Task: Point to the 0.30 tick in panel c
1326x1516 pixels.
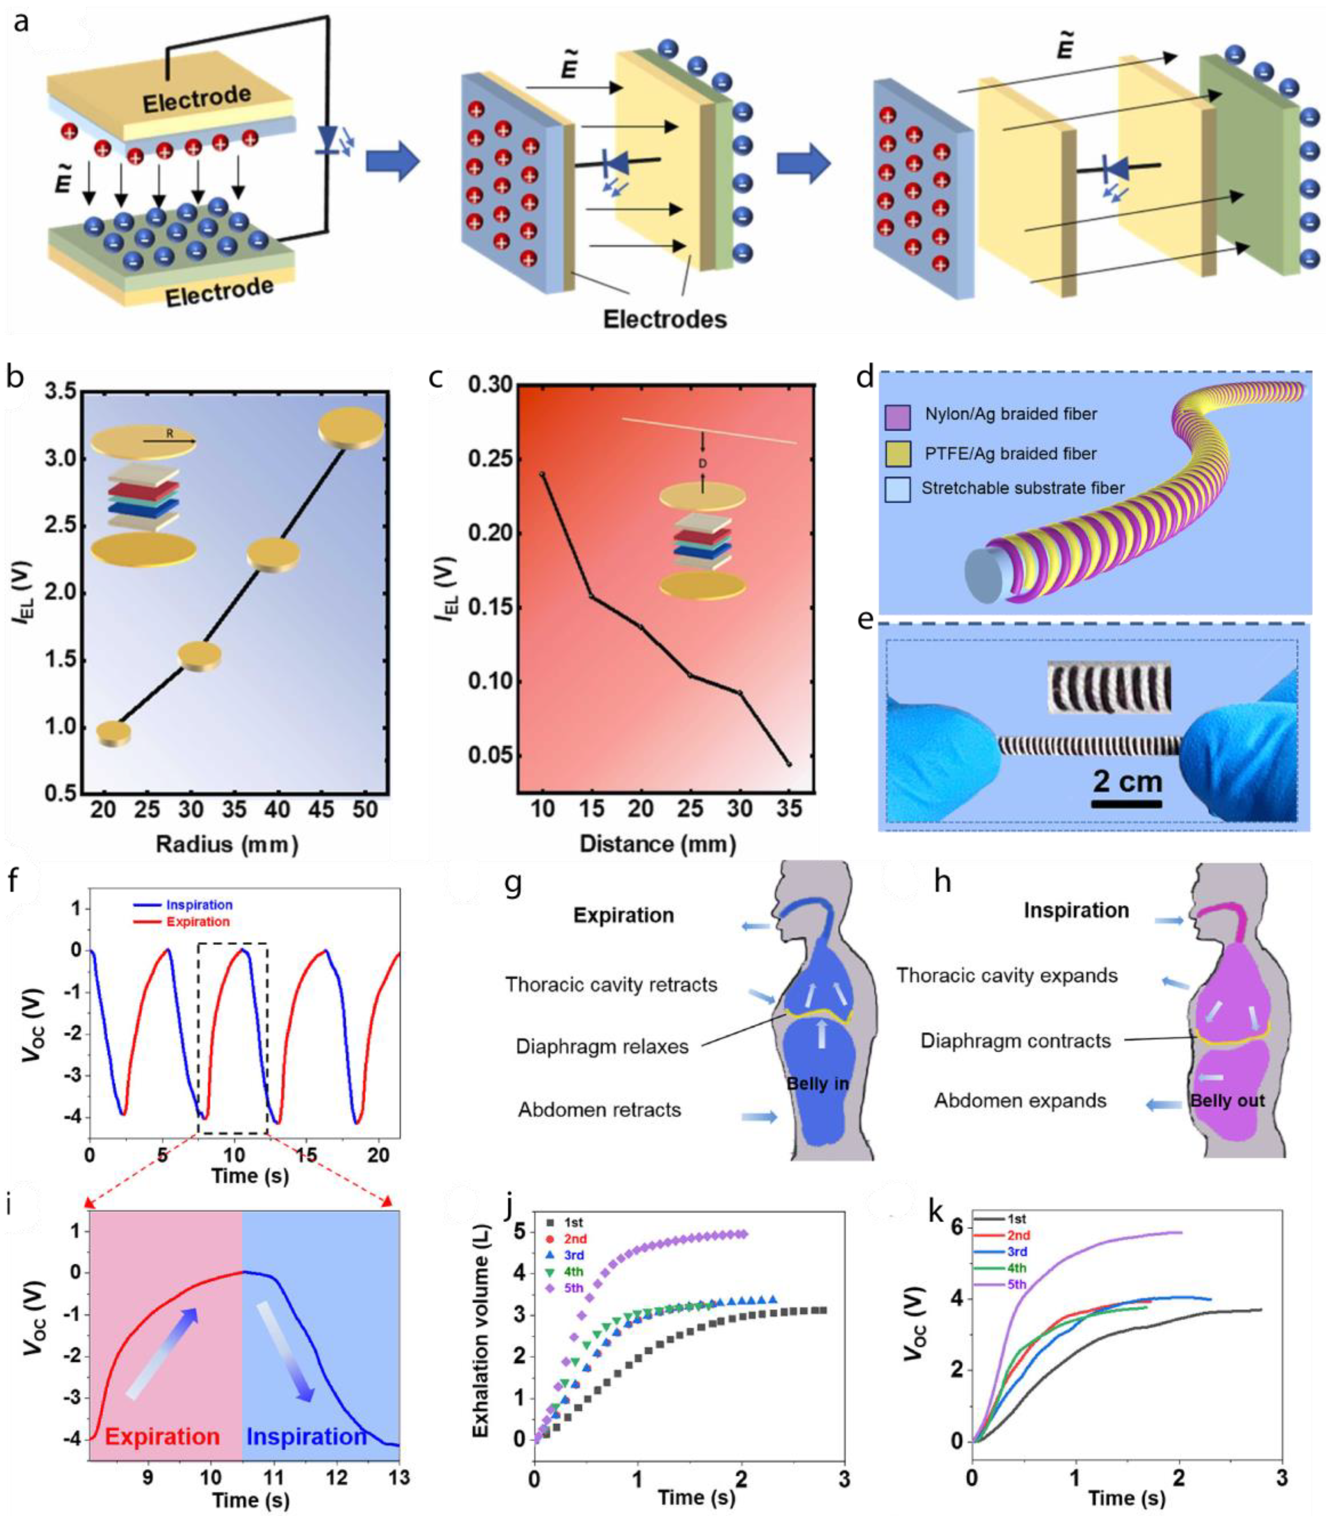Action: (x=491, y=385)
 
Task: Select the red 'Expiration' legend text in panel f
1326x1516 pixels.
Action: (x=198, y=921)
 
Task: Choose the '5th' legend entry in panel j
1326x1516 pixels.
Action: (x=573, y=1288)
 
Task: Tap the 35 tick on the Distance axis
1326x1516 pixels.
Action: (x=789, y=809)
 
